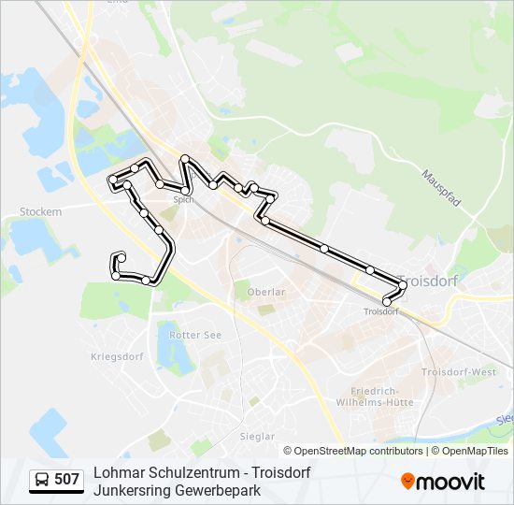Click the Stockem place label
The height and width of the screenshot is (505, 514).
[x=40, y=212]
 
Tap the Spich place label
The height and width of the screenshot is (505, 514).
[x=183, y=199]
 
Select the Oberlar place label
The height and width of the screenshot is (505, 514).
[x=265, y=292]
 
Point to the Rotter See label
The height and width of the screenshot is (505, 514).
[x=196, y=334]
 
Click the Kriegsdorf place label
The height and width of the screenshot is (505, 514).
[x=115, y=356]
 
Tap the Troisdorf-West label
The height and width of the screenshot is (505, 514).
[x=459, y=372]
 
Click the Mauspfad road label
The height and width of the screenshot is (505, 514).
[x=441, y=189]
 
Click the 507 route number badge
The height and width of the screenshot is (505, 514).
[x=66, y=480]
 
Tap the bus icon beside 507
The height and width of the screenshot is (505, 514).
[x=42, y=480]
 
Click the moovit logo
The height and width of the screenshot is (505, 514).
[x=443, y=482]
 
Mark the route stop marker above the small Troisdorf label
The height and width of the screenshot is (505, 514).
[x=387, y=301]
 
